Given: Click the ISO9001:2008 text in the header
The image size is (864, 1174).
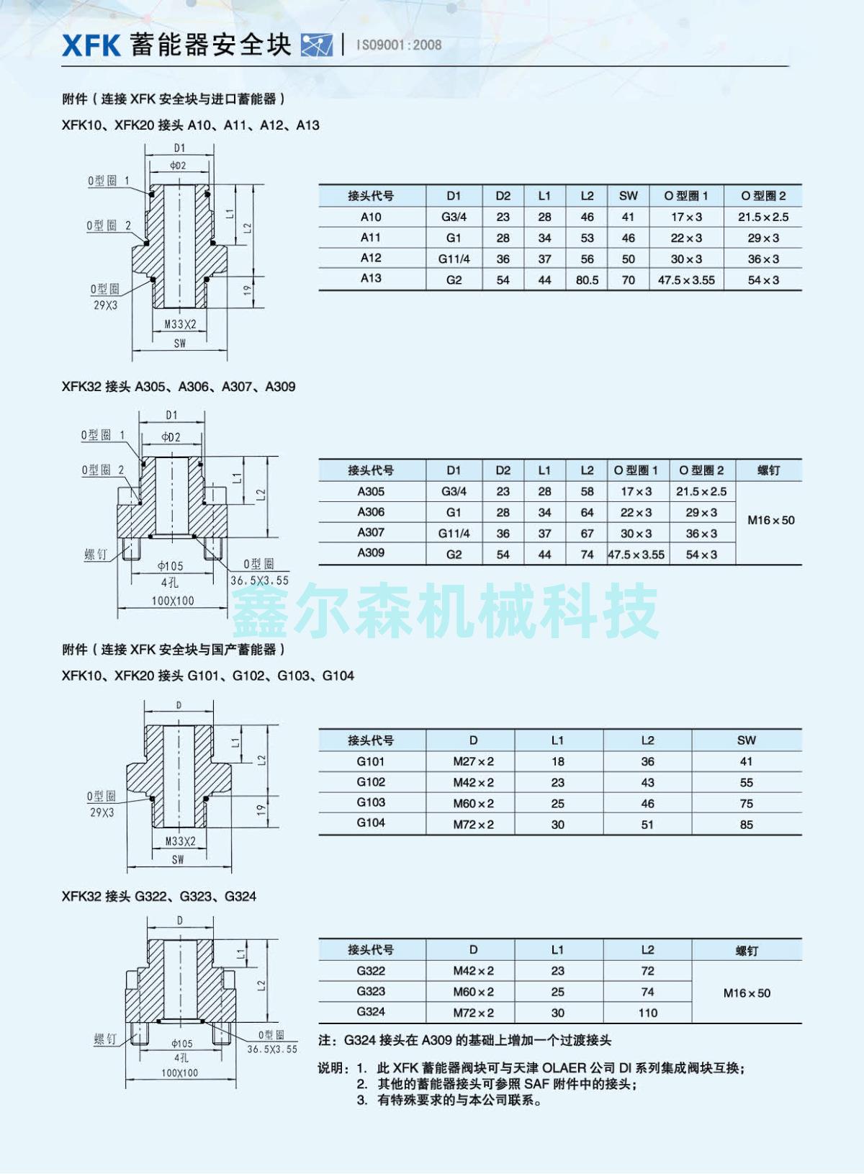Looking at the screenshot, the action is (x=399, y=45).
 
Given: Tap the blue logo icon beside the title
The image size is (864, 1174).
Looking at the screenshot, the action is (x=317, y=45).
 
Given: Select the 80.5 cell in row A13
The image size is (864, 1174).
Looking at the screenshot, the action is (x=587, y=280).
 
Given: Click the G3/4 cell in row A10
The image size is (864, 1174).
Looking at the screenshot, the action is (x=454, y=217).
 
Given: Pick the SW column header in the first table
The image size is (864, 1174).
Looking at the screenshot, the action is (x=629, y=196).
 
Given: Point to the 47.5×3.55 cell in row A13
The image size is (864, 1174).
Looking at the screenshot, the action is (x=686, y=280).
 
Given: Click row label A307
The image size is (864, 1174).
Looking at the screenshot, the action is (x=371, y=532).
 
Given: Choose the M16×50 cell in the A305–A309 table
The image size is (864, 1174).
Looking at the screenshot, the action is (x=770, y=521).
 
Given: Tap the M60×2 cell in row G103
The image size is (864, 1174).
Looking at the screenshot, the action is (x=473, y=804).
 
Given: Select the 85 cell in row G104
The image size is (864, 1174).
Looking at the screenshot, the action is (x=746, y=825).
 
